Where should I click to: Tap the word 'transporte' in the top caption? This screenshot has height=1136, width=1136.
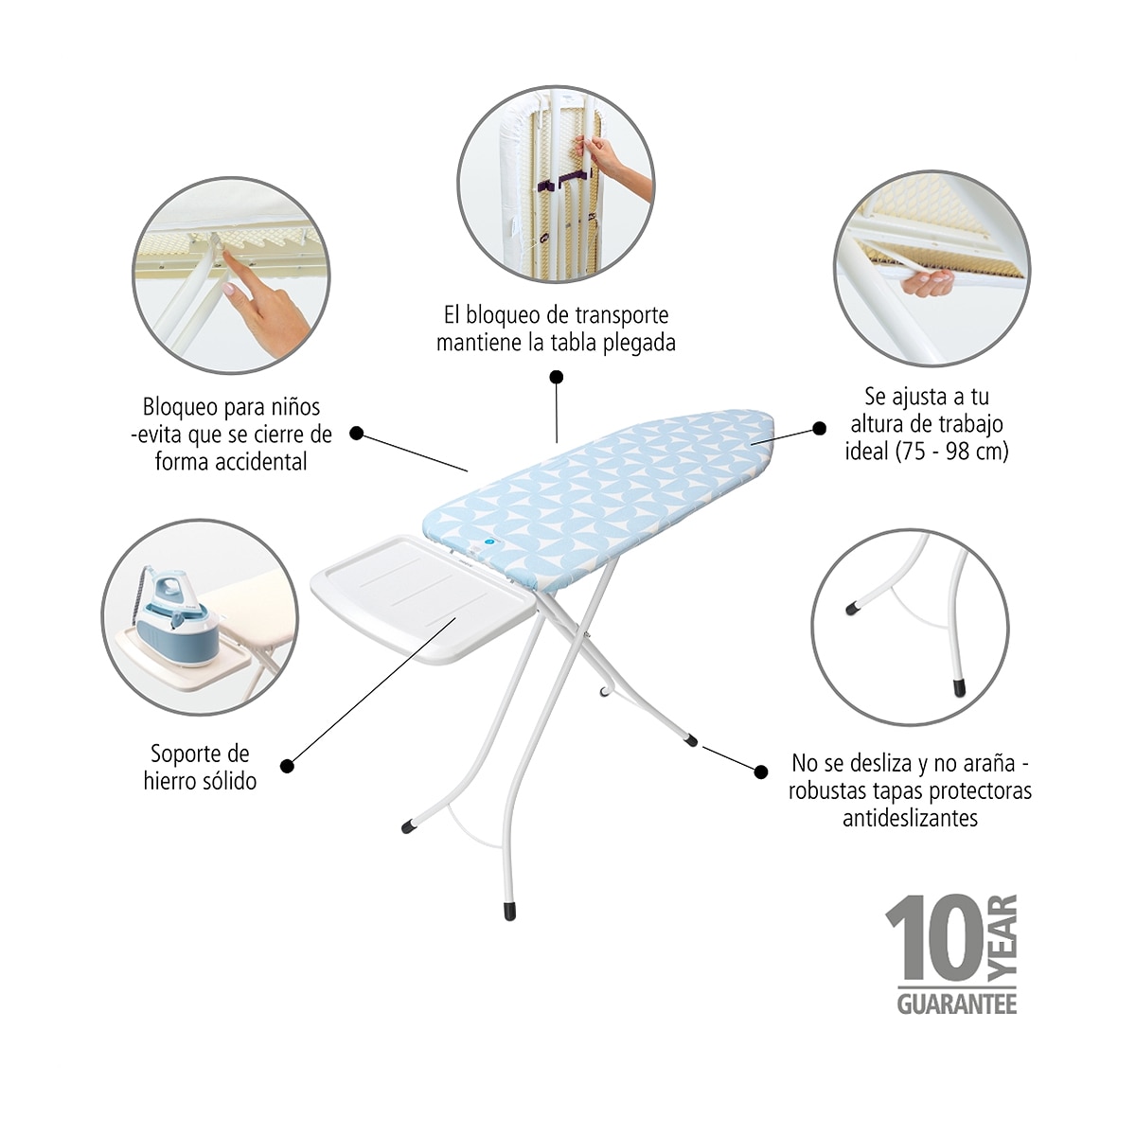[621, 315]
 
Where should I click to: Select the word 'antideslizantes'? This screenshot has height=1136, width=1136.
[910, 818]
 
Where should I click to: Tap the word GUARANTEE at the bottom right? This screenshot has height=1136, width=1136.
[957, 1004]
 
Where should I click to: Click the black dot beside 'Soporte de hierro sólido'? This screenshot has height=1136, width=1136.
[287, 766]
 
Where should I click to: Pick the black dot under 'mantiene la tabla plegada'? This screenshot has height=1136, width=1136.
[556, 377]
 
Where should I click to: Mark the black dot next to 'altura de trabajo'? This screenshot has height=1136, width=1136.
[819, 429]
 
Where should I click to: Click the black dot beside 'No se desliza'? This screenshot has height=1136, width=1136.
[761, 772]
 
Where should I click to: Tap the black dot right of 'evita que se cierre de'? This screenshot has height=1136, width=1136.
[356, 434]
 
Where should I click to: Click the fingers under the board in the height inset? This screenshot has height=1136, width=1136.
[928, 284]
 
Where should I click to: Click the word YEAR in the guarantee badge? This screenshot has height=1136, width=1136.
[1003, 939]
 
